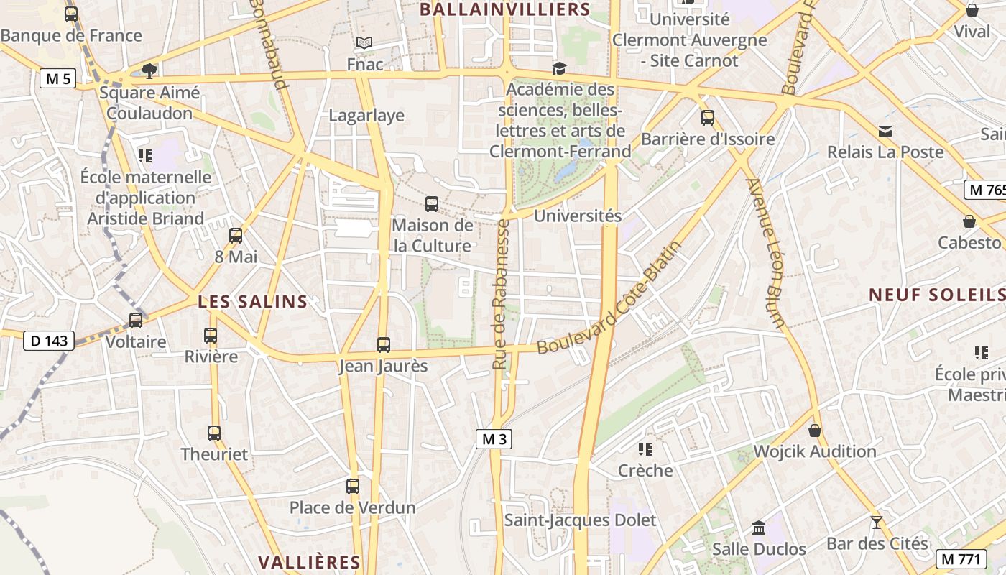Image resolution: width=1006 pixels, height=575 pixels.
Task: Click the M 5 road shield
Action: (57, 79)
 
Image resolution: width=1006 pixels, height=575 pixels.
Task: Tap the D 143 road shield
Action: (49, 341)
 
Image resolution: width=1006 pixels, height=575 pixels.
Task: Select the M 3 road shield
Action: (494, 439)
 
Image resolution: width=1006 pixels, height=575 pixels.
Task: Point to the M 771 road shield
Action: (961, 558)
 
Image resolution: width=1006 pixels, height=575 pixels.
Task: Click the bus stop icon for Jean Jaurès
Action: (384, 345)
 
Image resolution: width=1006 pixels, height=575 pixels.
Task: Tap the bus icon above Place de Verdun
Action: (353, 487)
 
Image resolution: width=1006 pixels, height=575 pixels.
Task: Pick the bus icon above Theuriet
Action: (214, 433)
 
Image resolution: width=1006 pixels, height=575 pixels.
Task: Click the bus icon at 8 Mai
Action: (236, 236)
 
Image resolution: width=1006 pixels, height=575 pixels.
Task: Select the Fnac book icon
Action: (365, 43)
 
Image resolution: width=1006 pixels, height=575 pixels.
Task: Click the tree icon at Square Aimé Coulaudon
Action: (149, 70)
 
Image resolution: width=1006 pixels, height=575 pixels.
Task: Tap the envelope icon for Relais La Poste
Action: (885, 132)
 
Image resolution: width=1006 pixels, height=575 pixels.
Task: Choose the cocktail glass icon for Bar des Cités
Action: (876, 523)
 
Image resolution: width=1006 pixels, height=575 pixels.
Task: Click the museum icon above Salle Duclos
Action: (758, 528)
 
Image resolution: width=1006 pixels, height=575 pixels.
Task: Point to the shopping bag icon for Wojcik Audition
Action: (815, 431)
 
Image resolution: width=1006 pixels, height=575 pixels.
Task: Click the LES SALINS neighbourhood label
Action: (253, 302)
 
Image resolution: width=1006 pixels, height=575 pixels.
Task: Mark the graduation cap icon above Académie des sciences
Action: (559, 68)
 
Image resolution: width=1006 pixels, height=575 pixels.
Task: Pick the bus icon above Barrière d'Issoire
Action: (708, 118)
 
